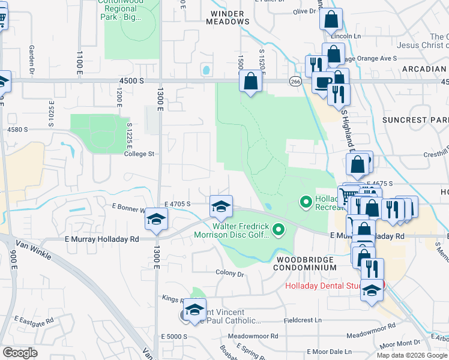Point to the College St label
139,154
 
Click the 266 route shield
295,81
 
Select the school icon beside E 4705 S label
221,207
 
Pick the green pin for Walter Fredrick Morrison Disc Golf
278,229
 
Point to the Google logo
20,353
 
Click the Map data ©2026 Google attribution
412,355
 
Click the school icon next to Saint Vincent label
194,310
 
